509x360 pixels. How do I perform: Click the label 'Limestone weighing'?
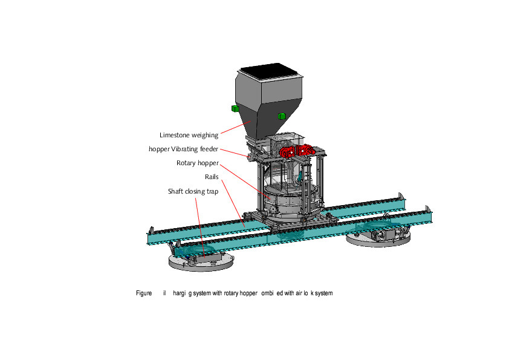point(189,136)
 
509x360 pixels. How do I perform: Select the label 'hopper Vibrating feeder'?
point(184,149)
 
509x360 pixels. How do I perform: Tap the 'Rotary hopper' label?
point(197,163)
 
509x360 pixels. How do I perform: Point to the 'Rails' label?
point(212,177)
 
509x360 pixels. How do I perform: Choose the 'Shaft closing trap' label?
point(193,191)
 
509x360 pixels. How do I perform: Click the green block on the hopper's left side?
point(235,108)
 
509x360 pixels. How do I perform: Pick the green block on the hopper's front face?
point(280,116)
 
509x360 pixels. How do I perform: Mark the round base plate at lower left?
point(199,261)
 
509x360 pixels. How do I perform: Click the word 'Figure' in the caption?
point(144,293)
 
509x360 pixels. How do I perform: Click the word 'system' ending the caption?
point(323,293)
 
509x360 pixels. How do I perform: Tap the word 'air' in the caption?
point(300,293)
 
